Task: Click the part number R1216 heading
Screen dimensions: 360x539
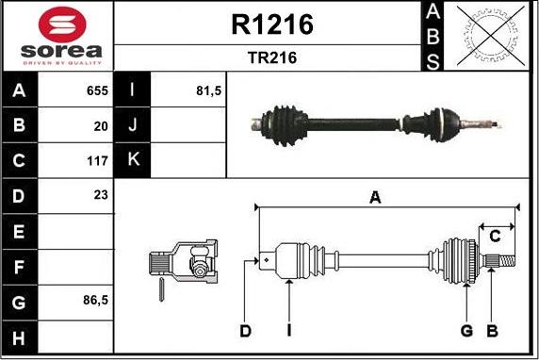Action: pos(271,25)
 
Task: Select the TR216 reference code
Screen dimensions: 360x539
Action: pos(271,57)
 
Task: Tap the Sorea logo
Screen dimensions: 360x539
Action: pos(57,36)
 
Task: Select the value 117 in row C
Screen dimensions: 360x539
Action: pos(97,160)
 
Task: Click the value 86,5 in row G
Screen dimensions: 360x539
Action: pos(94,302)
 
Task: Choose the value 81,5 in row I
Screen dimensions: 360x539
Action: pos(207,91)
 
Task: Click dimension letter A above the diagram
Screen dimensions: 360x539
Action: pos(375,197)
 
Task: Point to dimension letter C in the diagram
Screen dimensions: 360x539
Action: pos(494,237)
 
